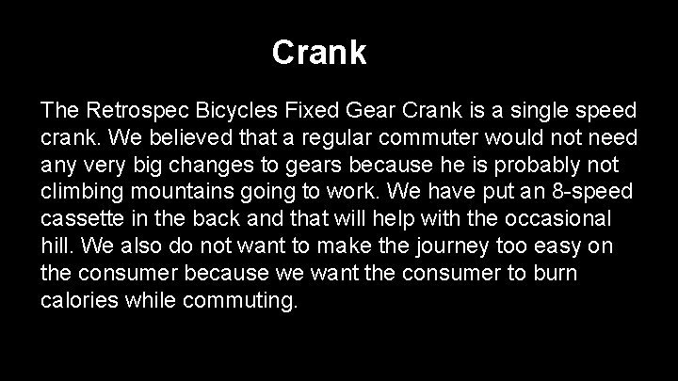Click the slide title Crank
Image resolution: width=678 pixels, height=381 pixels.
[x=319, y=52]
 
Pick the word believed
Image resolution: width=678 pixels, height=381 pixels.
[x=184, y=138]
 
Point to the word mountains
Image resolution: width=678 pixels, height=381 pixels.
[x=175, y=193]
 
